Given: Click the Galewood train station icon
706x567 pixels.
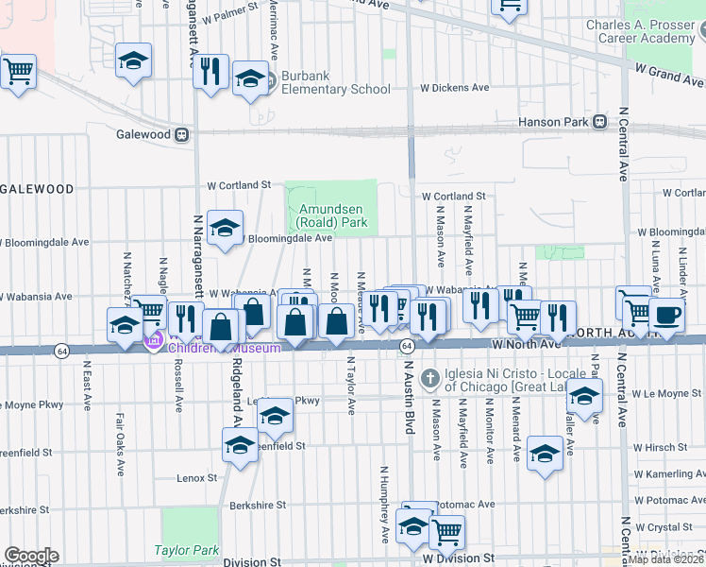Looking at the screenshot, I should [180, 134].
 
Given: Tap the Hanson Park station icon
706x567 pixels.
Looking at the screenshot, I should [598, 122].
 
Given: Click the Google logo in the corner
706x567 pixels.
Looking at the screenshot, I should [30, 556].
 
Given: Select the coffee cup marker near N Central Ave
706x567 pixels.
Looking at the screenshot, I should [667, 316].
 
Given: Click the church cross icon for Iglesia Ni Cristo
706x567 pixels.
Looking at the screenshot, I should [429, 377].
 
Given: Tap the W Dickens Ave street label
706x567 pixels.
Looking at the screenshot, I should [455, 88].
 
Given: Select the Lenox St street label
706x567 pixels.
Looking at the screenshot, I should [197, 479].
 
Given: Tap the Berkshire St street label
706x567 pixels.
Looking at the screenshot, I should [258, 505].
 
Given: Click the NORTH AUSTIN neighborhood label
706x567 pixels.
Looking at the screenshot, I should [614, 333].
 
